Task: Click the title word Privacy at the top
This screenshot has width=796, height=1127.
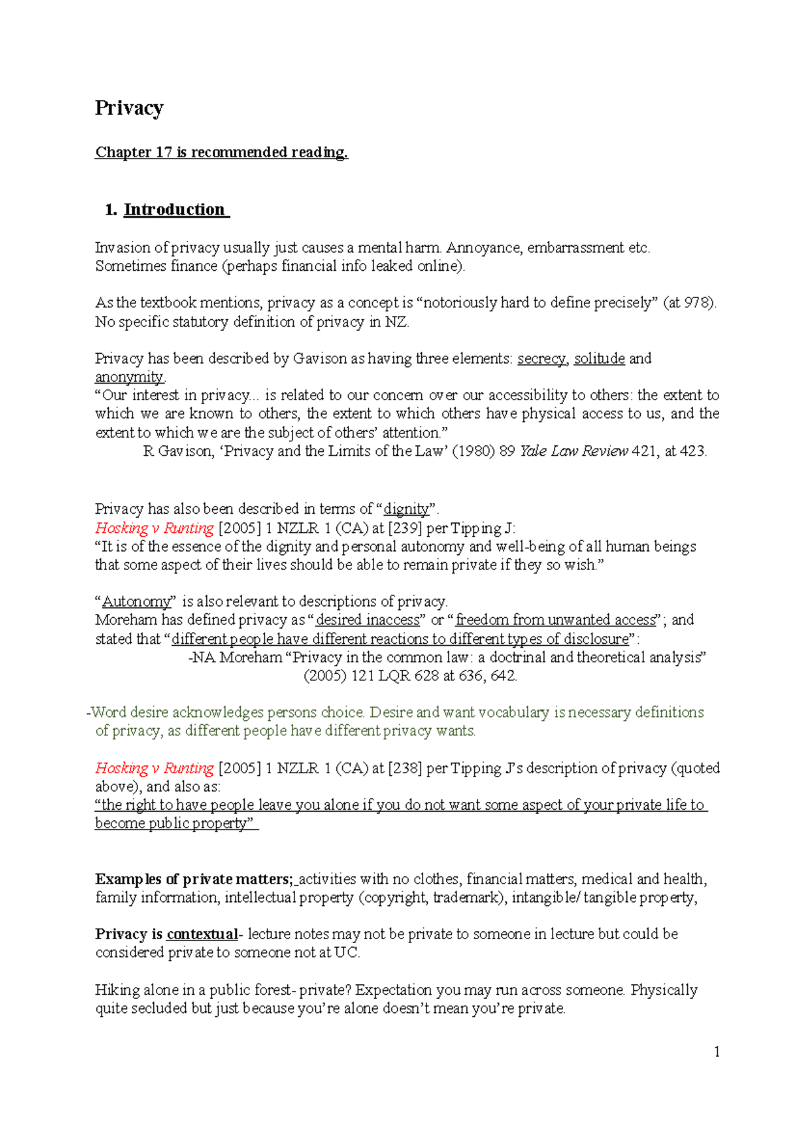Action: point(129,108)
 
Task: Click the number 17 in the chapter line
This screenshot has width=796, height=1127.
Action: point(164,152)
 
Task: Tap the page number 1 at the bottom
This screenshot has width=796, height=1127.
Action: point(716,1051)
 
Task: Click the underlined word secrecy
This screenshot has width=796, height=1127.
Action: point(541,359)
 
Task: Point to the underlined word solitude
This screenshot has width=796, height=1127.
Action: point(599,359)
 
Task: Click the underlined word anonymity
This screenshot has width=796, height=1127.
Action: point(129,378)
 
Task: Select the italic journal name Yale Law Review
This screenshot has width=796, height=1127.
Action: point(574,451)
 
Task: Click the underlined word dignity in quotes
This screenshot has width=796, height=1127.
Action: point(407,509)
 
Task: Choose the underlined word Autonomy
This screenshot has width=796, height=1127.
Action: point(137,602)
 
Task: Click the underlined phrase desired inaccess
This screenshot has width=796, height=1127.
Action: point(368,620)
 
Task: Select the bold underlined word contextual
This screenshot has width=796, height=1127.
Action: point(202,935)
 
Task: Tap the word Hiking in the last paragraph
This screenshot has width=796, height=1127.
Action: point(117,990)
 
